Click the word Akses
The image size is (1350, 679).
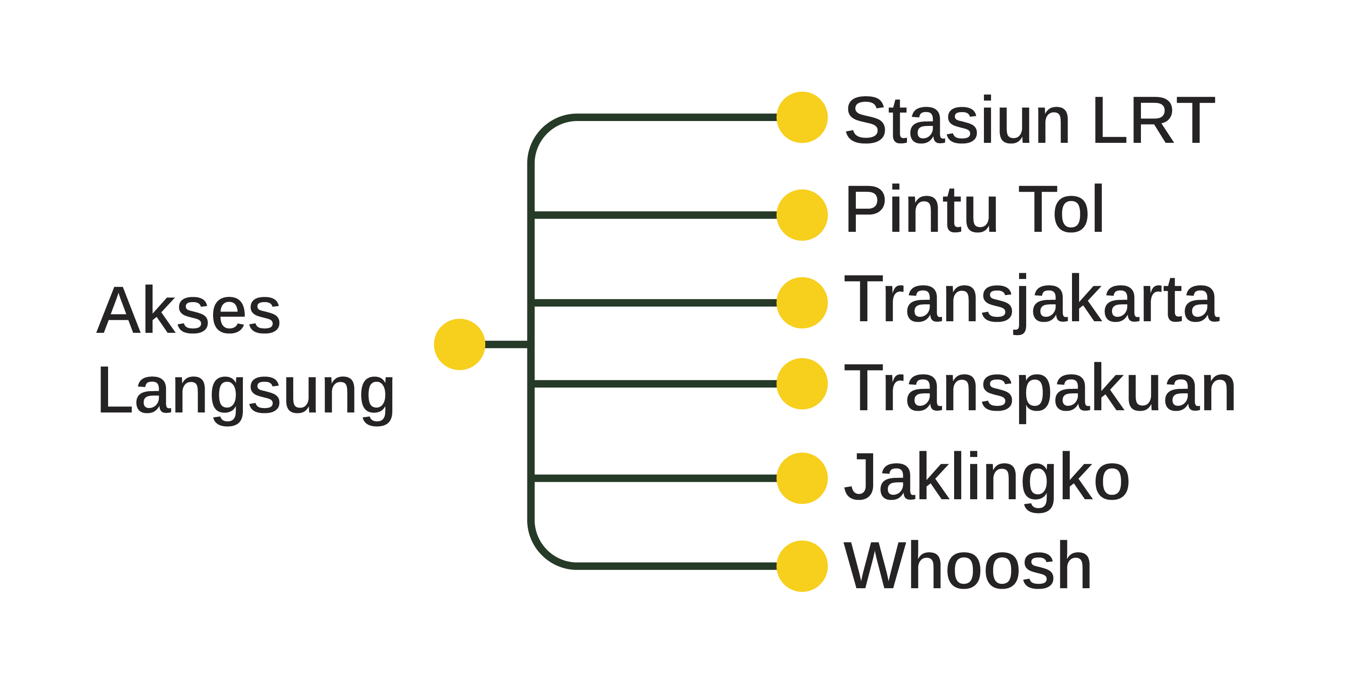coord(189,311)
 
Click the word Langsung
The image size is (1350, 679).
coord(245,392)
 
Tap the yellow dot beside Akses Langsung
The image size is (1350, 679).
coord(459,344)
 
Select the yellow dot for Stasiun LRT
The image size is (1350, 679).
coord(802,117)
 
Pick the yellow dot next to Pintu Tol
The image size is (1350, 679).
coord(802,215)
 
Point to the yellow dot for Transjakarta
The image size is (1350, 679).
coord(802,303)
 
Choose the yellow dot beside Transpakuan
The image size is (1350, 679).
coord(802,384)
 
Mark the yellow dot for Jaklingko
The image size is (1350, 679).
coord(802,478)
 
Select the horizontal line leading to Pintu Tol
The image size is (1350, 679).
coord(655,215)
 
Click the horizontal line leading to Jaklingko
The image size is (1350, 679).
coord(655,478)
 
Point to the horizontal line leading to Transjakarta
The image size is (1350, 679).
coord(655,303)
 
